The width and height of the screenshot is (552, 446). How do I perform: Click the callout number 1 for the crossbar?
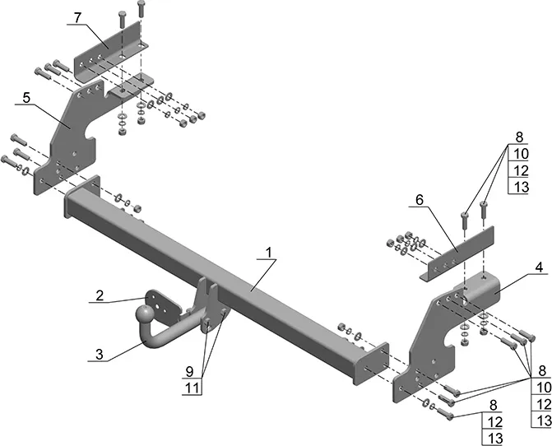(x=269, y=253)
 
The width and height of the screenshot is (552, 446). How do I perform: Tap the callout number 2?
(x=100, y=295)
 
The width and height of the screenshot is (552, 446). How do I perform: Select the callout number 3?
(x=100, y=354)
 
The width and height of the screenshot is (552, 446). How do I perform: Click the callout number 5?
(x=26, y=98)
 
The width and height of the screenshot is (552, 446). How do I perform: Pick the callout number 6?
(x=420, y=200)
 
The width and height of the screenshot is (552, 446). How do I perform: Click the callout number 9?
(x=189, y=371)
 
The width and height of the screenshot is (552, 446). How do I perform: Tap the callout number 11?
(x=193, y=388)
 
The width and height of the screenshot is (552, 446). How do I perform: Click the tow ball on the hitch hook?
(x=145, y=314)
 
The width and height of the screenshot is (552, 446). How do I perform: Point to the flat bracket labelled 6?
(x=457, y=253)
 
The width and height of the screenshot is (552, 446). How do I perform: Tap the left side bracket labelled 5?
(x=67, y=141)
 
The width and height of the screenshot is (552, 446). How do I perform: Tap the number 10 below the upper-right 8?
(x=521, y=154)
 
